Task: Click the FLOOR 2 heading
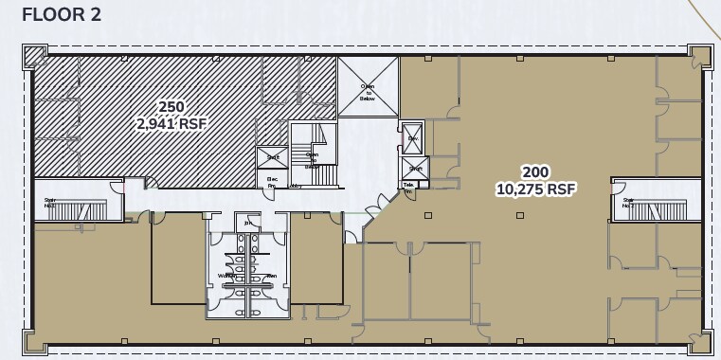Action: click(61, 14)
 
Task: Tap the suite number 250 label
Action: click(171, 106)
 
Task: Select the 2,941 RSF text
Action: click(171, 122)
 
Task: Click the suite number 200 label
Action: click(535, 171)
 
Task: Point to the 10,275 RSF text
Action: click(535, 189)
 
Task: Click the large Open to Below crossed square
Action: click(368, 86)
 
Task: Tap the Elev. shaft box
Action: click(413, 138)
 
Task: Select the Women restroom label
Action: click(226, 276)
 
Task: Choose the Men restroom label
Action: click(270, 276)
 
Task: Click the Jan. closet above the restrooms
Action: click(248, 224)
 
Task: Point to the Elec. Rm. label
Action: click(272, 180)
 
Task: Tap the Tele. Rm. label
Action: click(409, 188)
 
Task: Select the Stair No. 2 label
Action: click(628, 202)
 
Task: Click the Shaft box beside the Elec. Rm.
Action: click(271, 157)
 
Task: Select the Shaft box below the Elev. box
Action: click(415, 168)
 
